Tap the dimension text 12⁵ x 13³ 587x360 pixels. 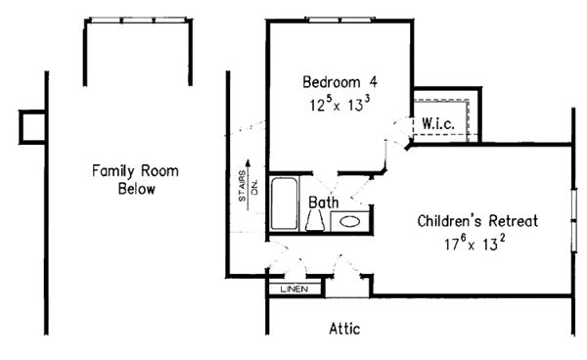(x=337, y=101)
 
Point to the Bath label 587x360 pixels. (x=324, y=202)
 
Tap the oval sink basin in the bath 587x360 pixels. (x=349, y=222)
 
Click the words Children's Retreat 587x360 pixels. (x=477, y=220)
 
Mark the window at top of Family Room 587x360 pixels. (x=136, y=20)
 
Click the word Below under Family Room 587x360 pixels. (x=136, y=189)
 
